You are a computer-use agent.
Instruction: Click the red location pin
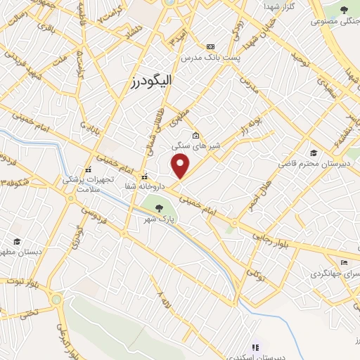(x=181, y=166)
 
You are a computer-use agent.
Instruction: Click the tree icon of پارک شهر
(x=159, y=208)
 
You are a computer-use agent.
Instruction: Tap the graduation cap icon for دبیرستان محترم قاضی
(x=314, y=153)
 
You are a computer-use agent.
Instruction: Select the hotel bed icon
(x=343, y=262)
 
